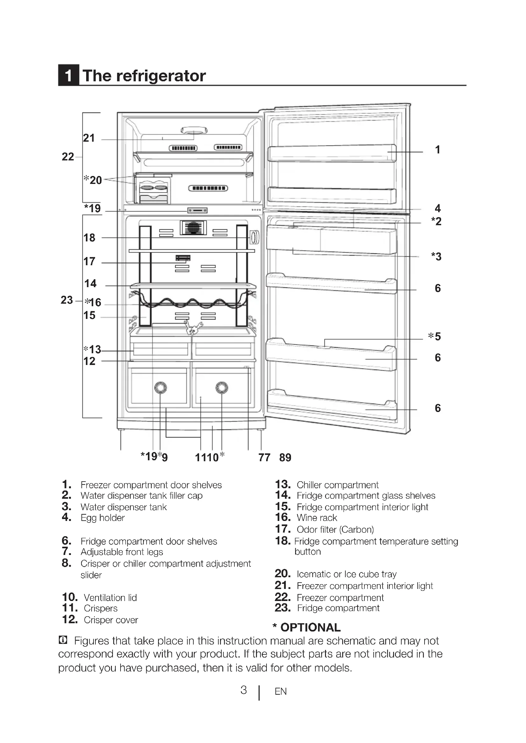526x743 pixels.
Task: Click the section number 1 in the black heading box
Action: coord(68,75)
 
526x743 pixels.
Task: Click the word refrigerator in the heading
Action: coord(161,76)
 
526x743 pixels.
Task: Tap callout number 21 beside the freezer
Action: coord(89,138)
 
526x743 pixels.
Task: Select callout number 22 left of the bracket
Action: coord(68,157)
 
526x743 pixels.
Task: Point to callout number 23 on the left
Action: coord(67,300)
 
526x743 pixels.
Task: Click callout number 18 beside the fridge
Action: coord(89,238)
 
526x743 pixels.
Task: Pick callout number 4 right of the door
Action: coord(438,208)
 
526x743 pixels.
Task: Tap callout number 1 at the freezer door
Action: coord(438,150)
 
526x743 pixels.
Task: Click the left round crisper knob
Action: coord(160,387)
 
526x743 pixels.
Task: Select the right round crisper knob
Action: coord(222,387)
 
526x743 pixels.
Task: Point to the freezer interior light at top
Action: coord(194,131)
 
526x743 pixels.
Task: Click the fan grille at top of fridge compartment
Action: coord(193,227)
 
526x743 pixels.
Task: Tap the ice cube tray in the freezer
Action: coord(153,188)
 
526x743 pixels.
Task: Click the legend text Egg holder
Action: coord(102,518)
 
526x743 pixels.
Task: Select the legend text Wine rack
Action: coord(317,518)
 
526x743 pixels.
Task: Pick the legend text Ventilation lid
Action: coord(110,598)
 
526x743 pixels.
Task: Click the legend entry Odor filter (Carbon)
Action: coord(335,530)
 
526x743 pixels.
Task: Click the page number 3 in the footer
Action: coord(244,690)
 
